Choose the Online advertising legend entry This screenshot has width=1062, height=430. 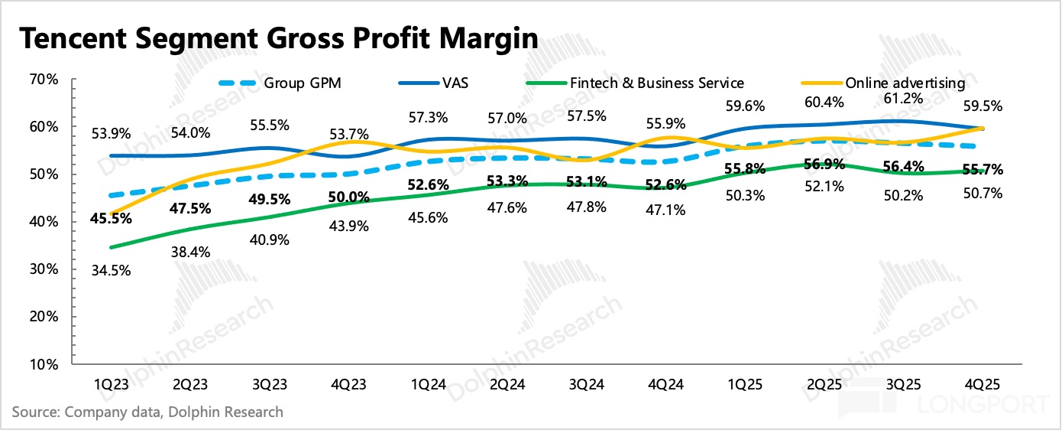coord(905,83)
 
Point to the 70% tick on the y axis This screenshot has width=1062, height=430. coord(44,80)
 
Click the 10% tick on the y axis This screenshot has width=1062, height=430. coord(44,364)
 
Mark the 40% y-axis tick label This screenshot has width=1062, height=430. coord(44,222)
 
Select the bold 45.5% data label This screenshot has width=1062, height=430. coord(112,218)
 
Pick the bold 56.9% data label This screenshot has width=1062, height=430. coord(824,167)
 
